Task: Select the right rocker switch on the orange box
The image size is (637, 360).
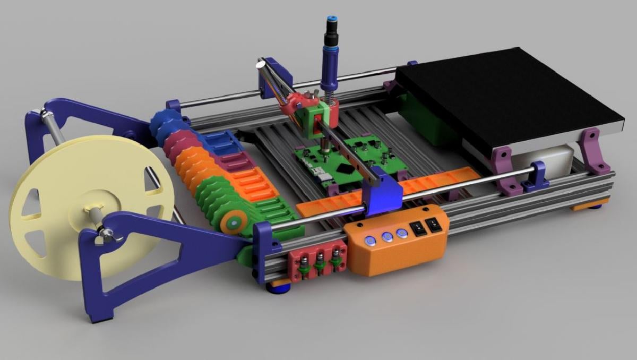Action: click(434, 225)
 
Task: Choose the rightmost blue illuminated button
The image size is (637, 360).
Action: click(402, 233)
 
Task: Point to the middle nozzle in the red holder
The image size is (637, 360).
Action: click(321, 261)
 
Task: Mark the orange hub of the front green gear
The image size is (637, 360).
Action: click(231, 224)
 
